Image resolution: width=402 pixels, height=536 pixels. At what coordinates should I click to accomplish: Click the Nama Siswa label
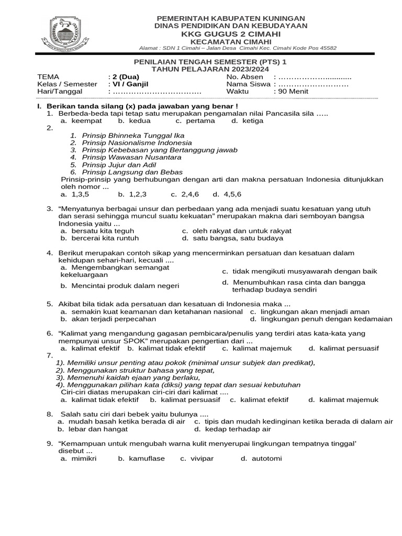(x=249, y=84)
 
